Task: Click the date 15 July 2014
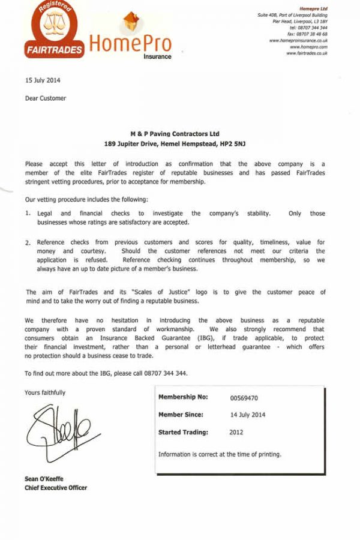[x=43, y=80]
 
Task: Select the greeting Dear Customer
[x=46, y=98]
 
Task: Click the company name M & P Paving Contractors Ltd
[x=175, y=134]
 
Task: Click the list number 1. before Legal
[x=28, y=213]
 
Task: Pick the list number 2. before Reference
[x=28, y=242]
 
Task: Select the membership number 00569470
[x=245, y=398]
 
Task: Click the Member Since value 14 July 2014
[x=248, y=415]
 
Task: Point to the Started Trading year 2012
[x=236, y=432]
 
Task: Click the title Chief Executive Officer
[x=56, y=488]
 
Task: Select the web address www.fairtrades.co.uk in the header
[x=307, y=53]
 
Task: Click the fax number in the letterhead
[x=308, y=34]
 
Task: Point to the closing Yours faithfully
[x=46, y=392]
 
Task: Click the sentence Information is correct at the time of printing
[x=220, y=454]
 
